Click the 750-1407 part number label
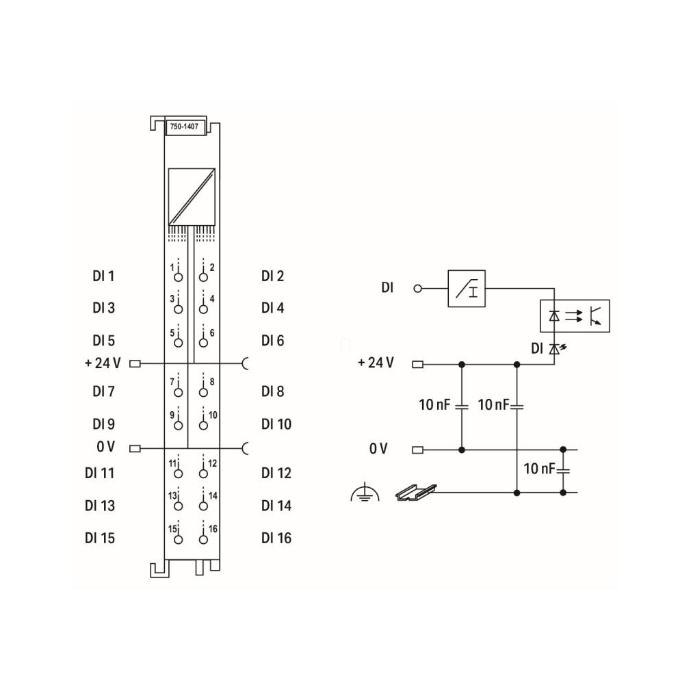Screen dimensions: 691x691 (184, 127)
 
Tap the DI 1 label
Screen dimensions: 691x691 (103, 276)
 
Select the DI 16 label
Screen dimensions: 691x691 (276, 538)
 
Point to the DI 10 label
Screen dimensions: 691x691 (276, 424)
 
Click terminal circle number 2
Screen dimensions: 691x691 (203, 277)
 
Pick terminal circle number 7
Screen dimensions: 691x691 (178, 392)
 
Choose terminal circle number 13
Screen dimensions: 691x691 (178, 506)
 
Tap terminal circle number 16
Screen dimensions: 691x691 (203, 539)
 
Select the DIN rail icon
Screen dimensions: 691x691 (415, 492)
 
